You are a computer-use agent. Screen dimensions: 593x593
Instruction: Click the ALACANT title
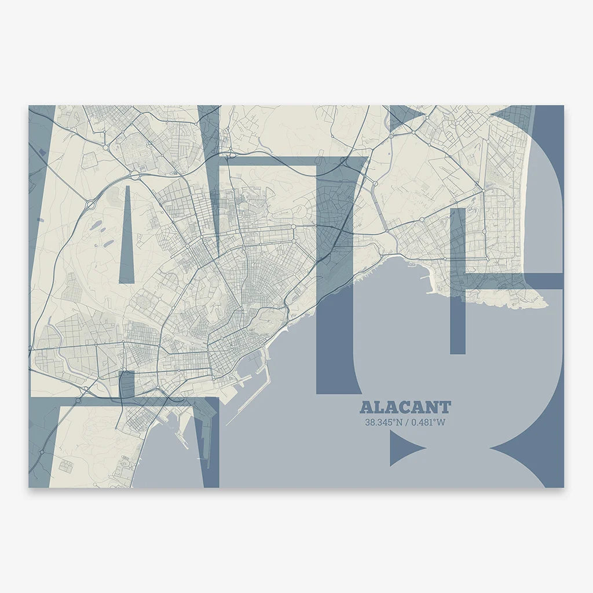click(405, 408)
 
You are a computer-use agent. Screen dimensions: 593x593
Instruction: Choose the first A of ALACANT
click(366, 408)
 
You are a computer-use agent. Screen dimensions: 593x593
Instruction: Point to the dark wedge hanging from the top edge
click(209, 139)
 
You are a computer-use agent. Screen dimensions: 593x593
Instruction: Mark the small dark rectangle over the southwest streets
click(126, 383)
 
